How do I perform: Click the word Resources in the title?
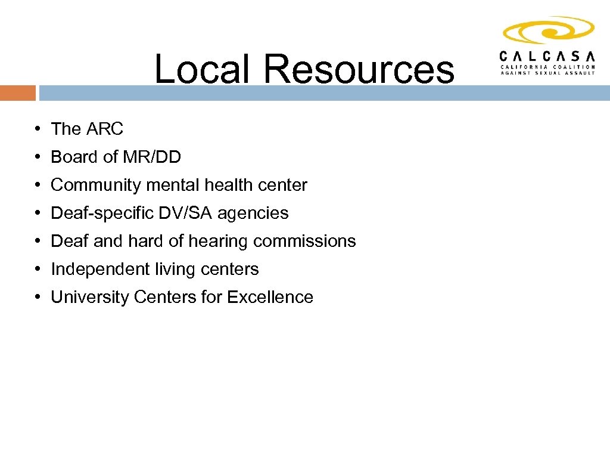358,69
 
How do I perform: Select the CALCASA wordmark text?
547,56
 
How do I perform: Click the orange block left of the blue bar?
18,93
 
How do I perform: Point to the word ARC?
105,129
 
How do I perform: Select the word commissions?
304,241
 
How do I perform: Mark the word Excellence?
270,297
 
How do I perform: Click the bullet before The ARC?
37,129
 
